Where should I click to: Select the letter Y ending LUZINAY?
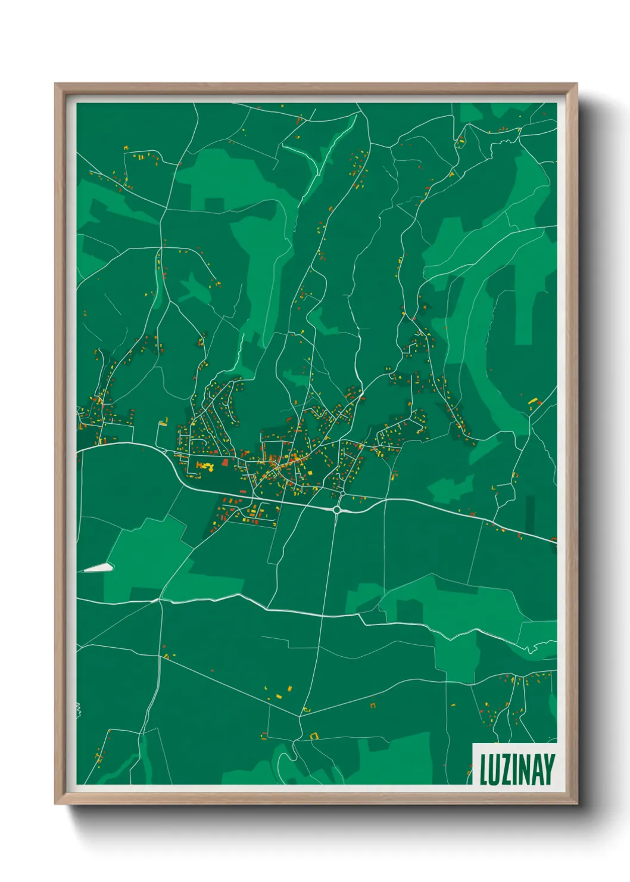pyautogui.click(x=549, y=769)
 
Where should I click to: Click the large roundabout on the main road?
pyautogui.click(x=338, y=510)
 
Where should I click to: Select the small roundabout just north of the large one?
pyautogui.click(x=343, y=493)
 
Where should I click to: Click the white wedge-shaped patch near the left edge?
pyautogui.click(x=98, y=567)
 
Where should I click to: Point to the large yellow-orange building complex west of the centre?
pyautogui.click(x=205, y=466)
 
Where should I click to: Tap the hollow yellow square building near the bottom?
pyautogui.click(x=314, y=736)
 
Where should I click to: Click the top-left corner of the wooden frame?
pyautogui.click(x=56, y=85)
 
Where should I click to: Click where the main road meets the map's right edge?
pyautogui.click(x=556, y=541)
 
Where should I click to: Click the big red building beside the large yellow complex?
pyautogui.click(x=225, y=462)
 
